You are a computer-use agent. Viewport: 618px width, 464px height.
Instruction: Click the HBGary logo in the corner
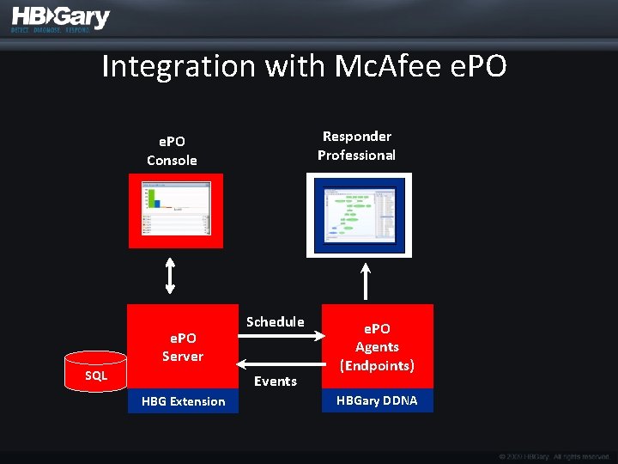[60, 19]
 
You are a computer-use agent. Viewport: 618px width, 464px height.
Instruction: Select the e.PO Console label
[172, 150]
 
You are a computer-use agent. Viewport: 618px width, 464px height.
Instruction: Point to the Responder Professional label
[356, 145]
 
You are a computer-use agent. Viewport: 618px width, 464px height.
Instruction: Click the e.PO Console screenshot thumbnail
[176, 211]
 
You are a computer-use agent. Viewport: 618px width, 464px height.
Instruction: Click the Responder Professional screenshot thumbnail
[360, 215]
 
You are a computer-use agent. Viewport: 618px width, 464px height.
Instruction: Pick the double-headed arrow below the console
[170, 275]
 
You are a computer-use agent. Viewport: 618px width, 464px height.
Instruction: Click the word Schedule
[275, 321]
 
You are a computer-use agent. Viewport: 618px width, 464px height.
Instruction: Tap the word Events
[276, 381]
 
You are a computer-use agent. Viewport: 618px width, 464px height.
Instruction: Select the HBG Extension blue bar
[183, 401]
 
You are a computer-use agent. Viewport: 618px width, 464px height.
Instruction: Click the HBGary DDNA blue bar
[377, 400]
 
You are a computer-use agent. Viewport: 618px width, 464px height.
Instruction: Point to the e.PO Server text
[183, 347]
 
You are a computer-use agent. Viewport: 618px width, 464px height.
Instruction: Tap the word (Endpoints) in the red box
[377, 365]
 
